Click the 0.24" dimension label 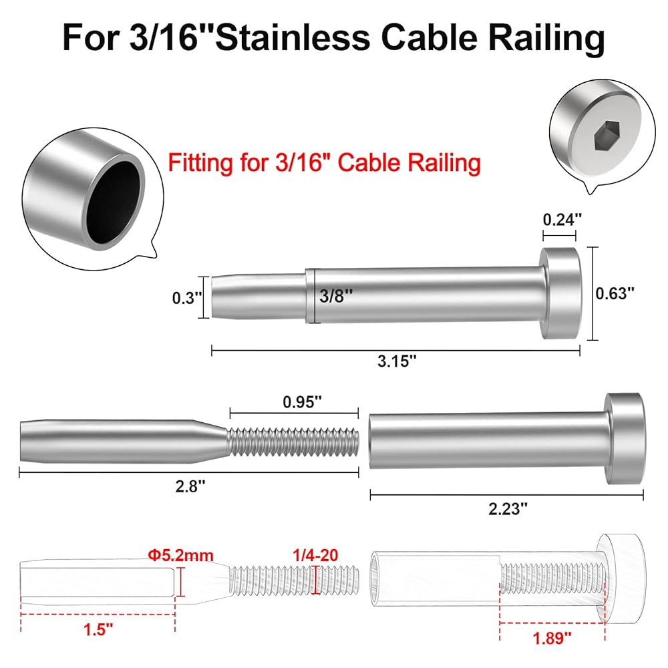(562, 220)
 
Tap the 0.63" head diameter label (615, 293)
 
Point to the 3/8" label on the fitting (336, 296)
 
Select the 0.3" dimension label (186, 298)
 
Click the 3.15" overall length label (397, 361)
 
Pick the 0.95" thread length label (302, 401)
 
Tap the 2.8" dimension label (190, 486)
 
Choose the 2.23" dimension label (508, 508)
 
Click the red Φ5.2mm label (180, 556)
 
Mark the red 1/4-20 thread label (315, 555)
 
